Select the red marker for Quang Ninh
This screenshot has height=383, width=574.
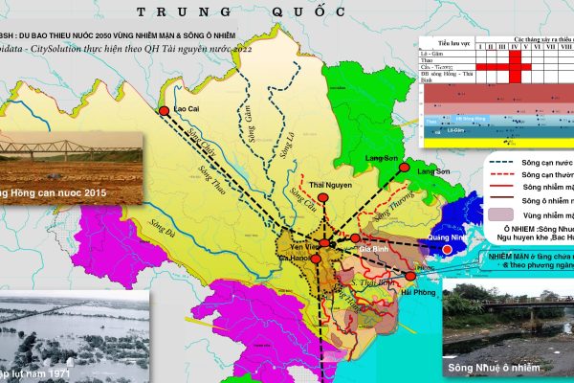[x=446, y=250]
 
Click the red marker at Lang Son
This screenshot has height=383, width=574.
[x=404, y=168]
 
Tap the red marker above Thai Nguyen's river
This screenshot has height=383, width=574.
[x=324, y=198]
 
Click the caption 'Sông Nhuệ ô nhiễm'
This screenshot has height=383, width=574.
[x=488, y=368]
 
